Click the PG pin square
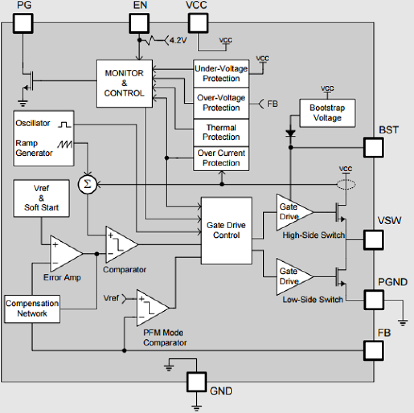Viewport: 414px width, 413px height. [23, 23]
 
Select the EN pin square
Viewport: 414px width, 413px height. [139, 23]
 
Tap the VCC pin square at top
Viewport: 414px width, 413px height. [198, 23]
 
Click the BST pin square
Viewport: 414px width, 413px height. [373, 148]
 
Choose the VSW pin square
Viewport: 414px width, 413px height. [373, 240]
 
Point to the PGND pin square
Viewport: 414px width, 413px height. [374, 300]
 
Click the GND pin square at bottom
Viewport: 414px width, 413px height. [196, 382]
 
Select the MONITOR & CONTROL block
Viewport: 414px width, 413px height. [124, 83]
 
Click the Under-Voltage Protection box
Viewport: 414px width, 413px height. [221, 73]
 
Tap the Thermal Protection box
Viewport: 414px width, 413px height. [221, 132]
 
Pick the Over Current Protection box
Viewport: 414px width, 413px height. [221, 158]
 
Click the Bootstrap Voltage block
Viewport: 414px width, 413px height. [327, 113]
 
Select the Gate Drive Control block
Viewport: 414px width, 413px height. [226, 230]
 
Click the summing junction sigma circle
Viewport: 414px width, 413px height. [87, 184]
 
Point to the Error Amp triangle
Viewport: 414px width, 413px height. [65, 254]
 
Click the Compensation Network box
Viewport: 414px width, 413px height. [32, 309]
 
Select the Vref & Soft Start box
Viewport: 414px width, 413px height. [41, 198]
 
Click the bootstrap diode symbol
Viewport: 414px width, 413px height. [290, 133]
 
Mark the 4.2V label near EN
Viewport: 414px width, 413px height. [178, 41]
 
